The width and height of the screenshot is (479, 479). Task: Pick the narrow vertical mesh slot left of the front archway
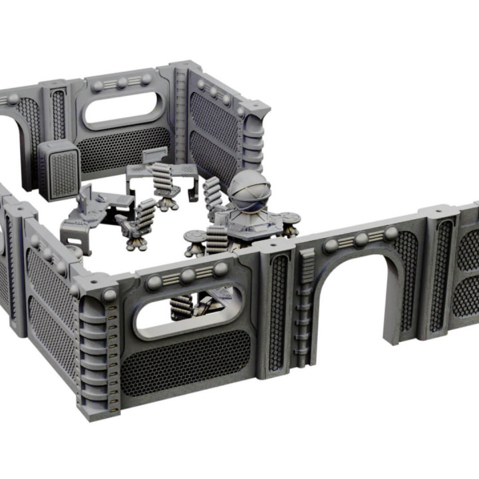tap(278, 313)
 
